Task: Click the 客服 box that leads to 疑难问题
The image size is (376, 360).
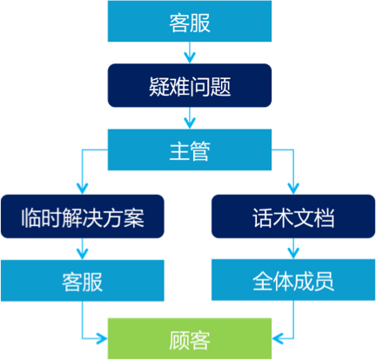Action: pyautogui.click(x=189, y=23)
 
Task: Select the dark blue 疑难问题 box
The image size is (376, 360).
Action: pyautogui.click(x=189, y=85)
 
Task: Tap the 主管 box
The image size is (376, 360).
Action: pyautogui.click(x=189, y=150)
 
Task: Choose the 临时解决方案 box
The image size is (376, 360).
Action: pyautogui.click(x=82, y=217)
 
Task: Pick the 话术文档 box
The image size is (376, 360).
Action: pyautogui.click(x=293, y=217)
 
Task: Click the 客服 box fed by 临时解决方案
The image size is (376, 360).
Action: pyautogui.click(x=82, y=281)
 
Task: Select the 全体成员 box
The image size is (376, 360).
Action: pyautogui.click(x=293, y=281)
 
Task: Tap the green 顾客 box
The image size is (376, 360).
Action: pyautogui.click(x=189, y=338)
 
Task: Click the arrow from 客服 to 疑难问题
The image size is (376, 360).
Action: pyautogui.click(x=189, y=54)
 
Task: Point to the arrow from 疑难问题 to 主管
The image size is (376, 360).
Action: pyautogui.click(x=189, y=118)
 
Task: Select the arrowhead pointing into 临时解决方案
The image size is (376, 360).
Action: pyautogui.click(x=83, y=186)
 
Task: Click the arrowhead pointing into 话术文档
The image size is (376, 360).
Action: pyautogui.click(x=294, y=186)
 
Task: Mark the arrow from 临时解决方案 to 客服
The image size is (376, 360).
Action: pyautogui.click(x=83, y=250)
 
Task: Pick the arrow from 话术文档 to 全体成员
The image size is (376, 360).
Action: pyautogui.click(x=294, y=250)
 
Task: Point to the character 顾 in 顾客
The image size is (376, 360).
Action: pyautogui.click(x=178, y=338)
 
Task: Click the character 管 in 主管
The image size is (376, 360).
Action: pyautogui.click(x=199, y=150)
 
